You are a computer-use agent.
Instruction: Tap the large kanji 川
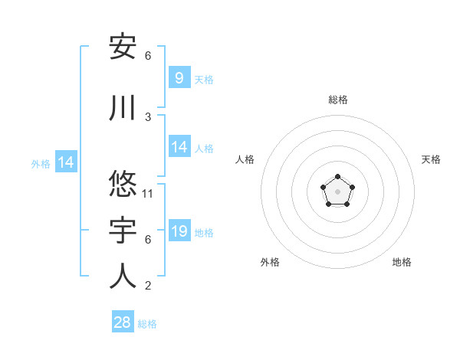[123, 109]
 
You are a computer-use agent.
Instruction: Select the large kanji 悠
[123, 185]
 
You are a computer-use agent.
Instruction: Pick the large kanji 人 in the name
[123, 275]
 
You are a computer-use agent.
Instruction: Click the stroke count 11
[148, 193]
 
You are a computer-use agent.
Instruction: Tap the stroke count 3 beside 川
[148, 117]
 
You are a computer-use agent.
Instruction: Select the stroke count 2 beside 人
[148, 286]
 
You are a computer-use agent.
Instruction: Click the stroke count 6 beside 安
[148, 56]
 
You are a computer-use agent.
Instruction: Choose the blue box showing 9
[179, 78]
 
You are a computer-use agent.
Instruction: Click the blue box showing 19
[179, 231]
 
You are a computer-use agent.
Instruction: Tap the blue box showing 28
[122, 322]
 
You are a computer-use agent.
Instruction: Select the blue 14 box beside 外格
[65, 162]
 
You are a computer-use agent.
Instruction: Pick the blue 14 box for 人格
[179, 147]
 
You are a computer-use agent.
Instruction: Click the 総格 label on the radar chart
[338, 100]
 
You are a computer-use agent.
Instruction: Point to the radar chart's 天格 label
[431, 159]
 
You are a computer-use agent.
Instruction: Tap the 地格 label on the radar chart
[402, 262]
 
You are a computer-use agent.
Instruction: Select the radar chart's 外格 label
[270, 262]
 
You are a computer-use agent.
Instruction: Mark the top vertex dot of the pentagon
[337, 177]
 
